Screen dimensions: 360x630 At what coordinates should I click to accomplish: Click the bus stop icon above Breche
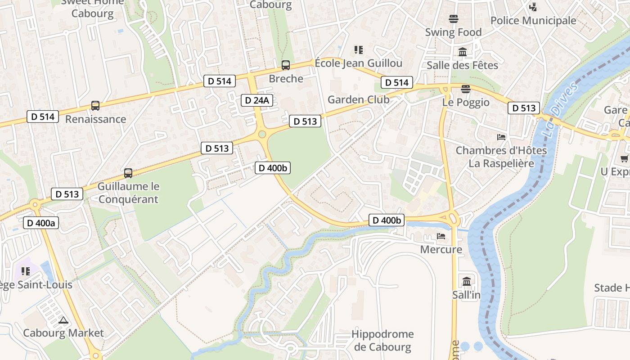point(286,65)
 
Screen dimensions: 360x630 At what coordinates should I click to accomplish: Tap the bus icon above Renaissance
point(95,106)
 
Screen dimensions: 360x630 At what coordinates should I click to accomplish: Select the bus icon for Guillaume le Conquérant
point(128,173)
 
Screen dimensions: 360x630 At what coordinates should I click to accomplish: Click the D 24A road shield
point(257,100)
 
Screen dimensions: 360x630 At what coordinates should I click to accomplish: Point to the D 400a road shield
point(41,222)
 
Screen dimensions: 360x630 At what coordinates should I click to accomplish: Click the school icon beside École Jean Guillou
point(358,49)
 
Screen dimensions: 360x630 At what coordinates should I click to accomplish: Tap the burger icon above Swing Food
point(453,19)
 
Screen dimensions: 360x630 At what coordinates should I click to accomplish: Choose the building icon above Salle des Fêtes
point(462,52)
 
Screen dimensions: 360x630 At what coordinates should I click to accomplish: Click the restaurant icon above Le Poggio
point(466,89)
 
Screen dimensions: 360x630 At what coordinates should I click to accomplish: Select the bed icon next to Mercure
point(441,236)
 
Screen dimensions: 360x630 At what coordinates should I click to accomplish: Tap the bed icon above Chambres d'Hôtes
point(501,137)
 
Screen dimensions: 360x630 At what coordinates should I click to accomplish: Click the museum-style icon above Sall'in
point(467,282)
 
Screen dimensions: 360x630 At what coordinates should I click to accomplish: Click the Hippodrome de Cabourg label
point(382,340)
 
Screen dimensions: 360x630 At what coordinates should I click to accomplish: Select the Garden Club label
point(358,99)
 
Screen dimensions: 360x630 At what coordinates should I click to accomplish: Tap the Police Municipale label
point(533,20)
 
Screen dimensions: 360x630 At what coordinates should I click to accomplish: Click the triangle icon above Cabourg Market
point(63,320)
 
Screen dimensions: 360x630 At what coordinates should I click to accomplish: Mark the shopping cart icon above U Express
point(624,158)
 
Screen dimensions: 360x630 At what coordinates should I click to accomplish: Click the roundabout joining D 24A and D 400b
point(262,134)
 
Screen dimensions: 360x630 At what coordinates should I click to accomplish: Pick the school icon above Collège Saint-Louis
point(26,271)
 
